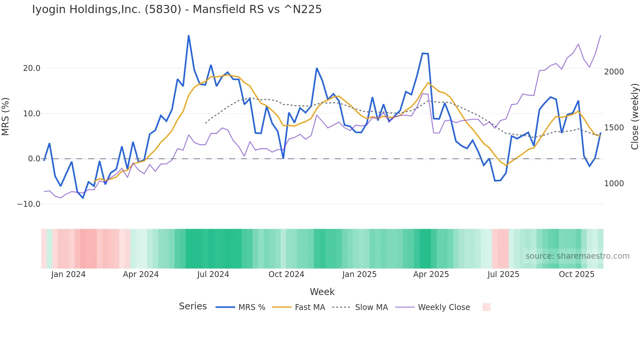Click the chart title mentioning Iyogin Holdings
coord(177,9)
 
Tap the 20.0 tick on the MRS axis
coord(32,68)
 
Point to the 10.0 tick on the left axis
coord(32,114)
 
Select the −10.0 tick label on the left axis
coord(29,204)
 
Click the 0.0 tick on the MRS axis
coord(34,159)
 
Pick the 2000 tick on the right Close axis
coord(614,72)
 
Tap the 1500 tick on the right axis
coord(614,128)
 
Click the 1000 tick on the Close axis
coord(614,184)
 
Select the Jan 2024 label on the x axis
coord(68,274)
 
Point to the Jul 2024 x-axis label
coord(213,274)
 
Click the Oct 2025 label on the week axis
coord(577,274)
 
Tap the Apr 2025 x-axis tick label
coord(431,274)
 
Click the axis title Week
coord(322,292)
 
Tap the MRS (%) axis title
coord(6,116)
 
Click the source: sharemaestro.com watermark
coord(577,256)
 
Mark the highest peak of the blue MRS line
coord(189,36)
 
